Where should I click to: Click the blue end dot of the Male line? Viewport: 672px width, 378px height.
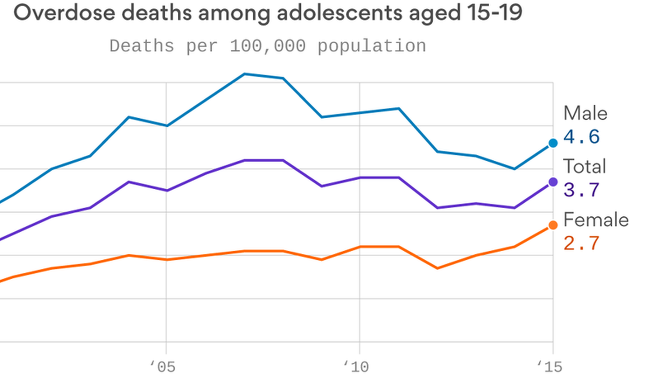pos(553,143)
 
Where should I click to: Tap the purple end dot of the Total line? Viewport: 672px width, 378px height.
pos(553,182)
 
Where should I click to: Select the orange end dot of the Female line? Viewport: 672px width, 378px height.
pos(553,225)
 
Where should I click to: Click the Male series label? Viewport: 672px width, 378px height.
pos(585,113)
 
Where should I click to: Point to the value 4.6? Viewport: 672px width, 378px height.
pos(581,136)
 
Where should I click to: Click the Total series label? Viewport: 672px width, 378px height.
pos(584,166)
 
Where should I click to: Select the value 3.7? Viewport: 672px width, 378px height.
pos(581,190)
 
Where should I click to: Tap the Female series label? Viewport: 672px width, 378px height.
pos(596,220)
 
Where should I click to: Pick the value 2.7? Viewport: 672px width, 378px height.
pos(581,243)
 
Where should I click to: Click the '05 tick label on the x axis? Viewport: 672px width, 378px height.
pos(163,367)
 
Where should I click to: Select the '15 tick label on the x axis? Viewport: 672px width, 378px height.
pos(550,367)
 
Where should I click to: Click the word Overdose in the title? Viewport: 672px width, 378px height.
pos(64,13)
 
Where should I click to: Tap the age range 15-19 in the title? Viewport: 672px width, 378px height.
pos(494,13)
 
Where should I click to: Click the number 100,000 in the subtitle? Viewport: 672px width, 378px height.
pos(268,46)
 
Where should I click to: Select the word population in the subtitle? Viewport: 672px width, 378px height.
pos(372,46)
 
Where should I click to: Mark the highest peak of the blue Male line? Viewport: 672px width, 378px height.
pos(244,74)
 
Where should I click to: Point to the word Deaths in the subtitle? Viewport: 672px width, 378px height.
pos(142,46)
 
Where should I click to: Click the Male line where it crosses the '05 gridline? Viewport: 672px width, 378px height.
pos(166,126)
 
